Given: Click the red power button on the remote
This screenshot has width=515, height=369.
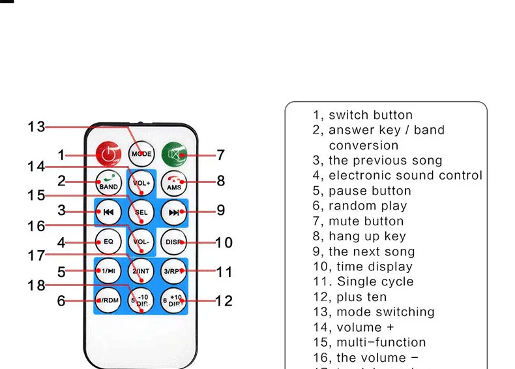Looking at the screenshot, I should pyautogui.click(x=108, y=155).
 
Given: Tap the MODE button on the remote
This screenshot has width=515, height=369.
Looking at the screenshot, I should pyautogui.click(x=141, y=155).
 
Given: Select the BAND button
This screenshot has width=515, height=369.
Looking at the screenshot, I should pyautogui.click(x=108, y=182).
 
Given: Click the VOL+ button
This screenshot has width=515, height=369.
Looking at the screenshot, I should pyautogui.click(x=141, y=183).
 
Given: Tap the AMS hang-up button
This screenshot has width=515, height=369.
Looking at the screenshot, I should pyautogui.click(x=173, y=182).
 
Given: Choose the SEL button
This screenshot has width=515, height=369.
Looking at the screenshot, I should pyautogui.click(x=141, y=212).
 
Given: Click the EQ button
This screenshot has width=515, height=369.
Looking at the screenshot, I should pyautogui.click(x=108, y=242).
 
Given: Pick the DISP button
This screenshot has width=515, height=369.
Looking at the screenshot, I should pyautogui.click(x=173, y=242).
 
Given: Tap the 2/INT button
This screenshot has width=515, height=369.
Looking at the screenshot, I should pyautogui.click(x=141, y=270).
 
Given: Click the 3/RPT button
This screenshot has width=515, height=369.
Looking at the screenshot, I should pyautogui.click(x=173, y=270).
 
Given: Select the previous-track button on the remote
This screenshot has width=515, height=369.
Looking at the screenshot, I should pyautogui.click(x=108, y=212).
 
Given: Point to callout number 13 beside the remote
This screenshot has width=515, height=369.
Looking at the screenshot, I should pyautogui.click(x=37, y=127).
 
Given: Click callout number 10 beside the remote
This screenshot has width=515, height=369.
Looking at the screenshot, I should pyautogui.click(x=223, y=242).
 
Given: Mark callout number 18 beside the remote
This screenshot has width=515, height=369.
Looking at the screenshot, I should pyautogui.click(x=37, y=285).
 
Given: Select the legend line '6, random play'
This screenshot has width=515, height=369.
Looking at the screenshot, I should pyautogui.click(x=359, y=206).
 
